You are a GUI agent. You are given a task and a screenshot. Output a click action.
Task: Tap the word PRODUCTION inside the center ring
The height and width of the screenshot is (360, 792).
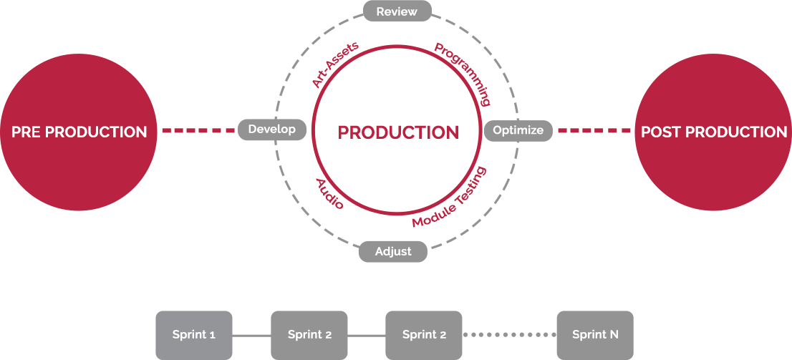[x=398, y=132]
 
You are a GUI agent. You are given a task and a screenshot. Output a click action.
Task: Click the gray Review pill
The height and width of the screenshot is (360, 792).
[x=397, y=11]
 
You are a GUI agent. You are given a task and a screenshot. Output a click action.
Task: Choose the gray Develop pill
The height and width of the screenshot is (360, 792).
[x=271, y=130]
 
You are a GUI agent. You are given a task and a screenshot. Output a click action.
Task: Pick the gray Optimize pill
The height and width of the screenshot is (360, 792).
[x=518, y=130]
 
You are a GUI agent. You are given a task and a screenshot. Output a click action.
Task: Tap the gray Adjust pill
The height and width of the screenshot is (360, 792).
[x=393, y=251]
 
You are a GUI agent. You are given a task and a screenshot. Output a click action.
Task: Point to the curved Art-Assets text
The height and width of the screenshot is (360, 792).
[x=335, y=65]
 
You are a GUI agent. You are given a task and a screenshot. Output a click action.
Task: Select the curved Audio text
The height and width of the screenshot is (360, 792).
[x=329, y=194]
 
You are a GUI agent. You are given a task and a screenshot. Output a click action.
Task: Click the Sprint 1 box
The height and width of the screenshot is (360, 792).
[x=194, y=335]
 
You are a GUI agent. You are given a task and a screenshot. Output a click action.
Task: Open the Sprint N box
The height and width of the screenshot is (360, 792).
[x=595, y=335]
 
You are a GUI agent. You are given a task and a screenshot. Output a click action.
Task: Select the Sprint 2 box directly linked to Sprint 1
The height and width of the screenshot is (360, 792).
[x=309, y=335]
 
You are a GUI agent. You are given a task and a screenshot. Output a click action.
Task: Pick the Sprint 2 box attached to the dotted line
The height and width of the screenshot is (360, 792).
[x=424, y=335]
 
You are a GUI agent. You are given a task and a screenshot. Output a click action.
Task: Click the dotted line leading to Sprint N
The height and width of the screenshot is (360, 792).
[x=509, y=335]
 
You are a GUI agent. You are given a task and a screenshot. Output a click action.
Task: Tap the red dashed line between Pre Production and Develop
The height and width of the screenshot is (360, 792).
[x=198, y=130]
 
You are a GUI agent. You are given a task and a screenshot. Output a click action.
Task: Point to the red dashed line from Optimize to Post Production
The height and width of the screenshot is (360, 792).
[x=594, y=130]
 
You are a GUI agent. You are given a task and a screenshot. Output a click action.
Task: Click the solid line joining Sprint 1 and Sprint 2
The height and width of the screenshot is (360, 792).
[x=251, y=335]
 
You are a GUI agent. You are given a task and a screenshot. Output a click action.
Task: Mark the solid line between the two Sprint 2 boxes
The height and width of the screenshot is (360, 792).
[x=366, y=335]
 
